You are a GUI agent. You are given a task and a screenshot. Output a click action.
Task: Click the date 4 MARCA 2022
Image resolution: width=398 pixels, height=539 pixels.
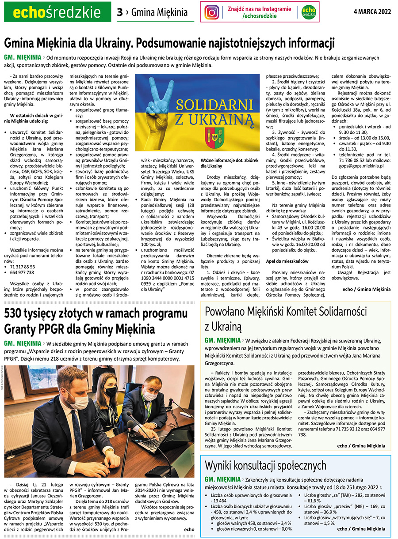point(372,12)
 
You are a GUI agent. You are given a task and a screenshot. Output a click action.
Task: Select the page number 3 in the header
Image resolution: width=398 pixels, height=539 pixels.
point(119,12)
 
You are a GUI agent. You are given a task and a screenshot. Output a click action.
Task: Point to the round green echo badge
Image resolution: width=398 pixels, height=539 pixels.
point(309,12)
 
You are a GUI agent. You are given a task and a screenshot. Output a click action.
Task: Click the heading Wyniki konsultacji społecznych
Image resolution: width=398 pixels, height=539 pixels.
point(265,465)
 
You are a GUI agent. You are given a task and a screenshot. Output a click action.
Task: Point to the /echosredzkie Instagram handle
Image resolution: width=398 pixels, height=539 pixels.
point(260,16)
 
